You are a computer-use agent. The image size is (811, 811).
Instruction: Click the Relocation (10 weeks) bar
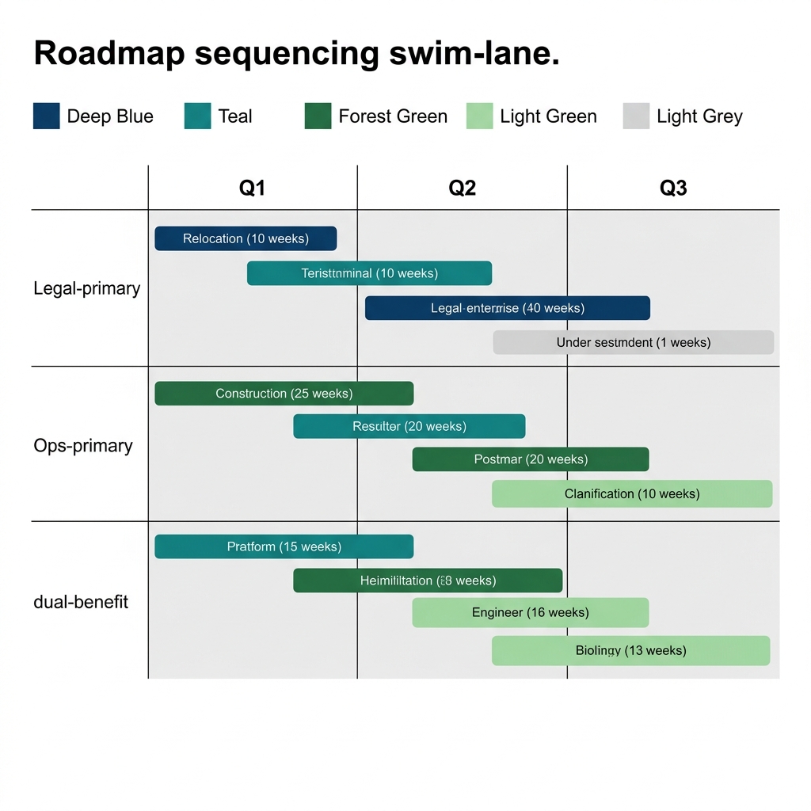pos(246,238)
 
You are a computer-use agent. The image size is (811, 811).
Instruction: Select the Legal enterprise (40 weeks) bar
pos(507,308)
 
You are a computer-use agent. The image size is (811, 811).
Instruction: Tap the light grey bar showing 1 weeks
pos(633,342)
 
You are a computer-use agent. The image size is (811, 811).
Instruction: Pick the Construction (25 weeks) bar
pos(284,394)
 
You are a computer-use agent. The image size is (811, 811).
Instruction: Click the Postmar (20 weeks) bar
pos(530,459)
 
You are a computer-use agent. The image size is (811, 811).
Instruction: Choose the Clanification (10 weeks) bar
pos(631,493)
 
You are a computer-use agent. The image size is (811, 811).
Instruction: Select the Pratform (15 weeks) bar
pos(284,546)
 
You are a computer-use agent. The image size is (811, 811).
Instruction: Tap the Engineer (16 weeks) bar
pos(530,612)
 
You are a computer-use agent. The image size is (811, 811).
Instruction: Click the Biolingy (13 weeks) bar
pos(630,650)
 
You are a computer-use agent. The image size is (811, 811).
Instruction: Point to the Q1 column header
pos(252,188)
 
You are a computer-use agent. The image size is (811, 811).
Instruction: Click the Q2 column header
pos(462,188)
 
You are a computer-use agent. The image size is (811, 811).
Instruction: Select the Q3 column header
pos(672,188)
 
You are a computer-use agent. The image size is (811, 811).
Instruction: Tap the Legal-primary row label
pos(86,288)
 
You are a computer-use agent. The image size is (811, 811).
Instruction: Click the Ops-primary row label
pos(83,446)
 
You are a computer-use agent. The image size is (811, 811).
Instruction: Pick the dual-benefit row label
pos(81,602)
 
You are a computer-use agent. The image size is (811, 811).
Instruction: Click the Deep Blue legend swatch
pos(46,116)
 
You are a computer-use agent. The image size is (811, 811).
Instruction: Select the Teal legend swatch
pos(197,116)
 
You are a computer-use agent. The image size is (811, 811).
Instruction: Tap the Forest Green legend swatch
pos(318,116)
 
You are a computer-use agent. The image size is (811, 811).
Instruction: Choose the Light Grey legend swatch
pos(636,116)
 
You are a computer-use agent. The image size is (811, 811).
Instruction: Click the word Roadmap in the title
pos(109,54)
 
